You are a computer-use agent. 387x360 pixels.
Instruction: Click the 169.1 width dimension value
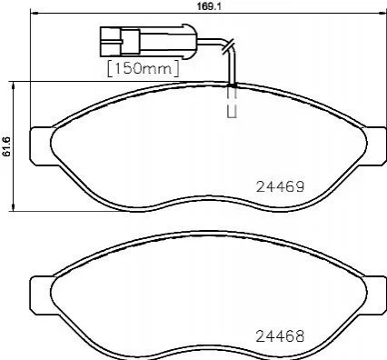(x=208, y=6)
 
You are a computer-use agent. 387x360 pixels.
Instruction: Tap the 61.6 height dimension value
(x=6, y=146)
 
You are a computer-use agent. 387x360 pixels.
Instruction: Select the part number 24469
(x=280, y=186)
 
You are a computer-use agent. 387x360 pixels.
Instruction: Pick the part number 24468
(x=280, y=335)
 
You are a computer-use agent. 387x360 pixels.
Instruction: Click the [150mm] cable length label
(x=144, y=69)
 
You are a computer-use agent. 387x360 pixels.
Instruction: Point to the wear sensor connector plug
(x=148, y=41)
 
